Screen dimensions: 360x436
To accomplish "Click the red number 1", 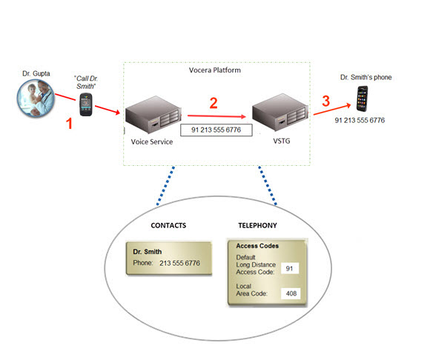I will tap(70, 124).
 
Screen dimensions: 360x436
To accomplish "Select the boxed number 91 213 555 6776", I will tap(217, 130).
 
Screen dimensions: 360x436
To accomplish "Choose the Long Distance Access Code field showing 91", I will tap(290, 269).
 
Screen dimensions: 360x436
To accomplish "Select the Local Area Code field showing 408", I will tap(290, 293).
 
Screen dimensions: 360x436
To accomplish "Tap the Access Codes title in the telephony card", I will tap(257, 246).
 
